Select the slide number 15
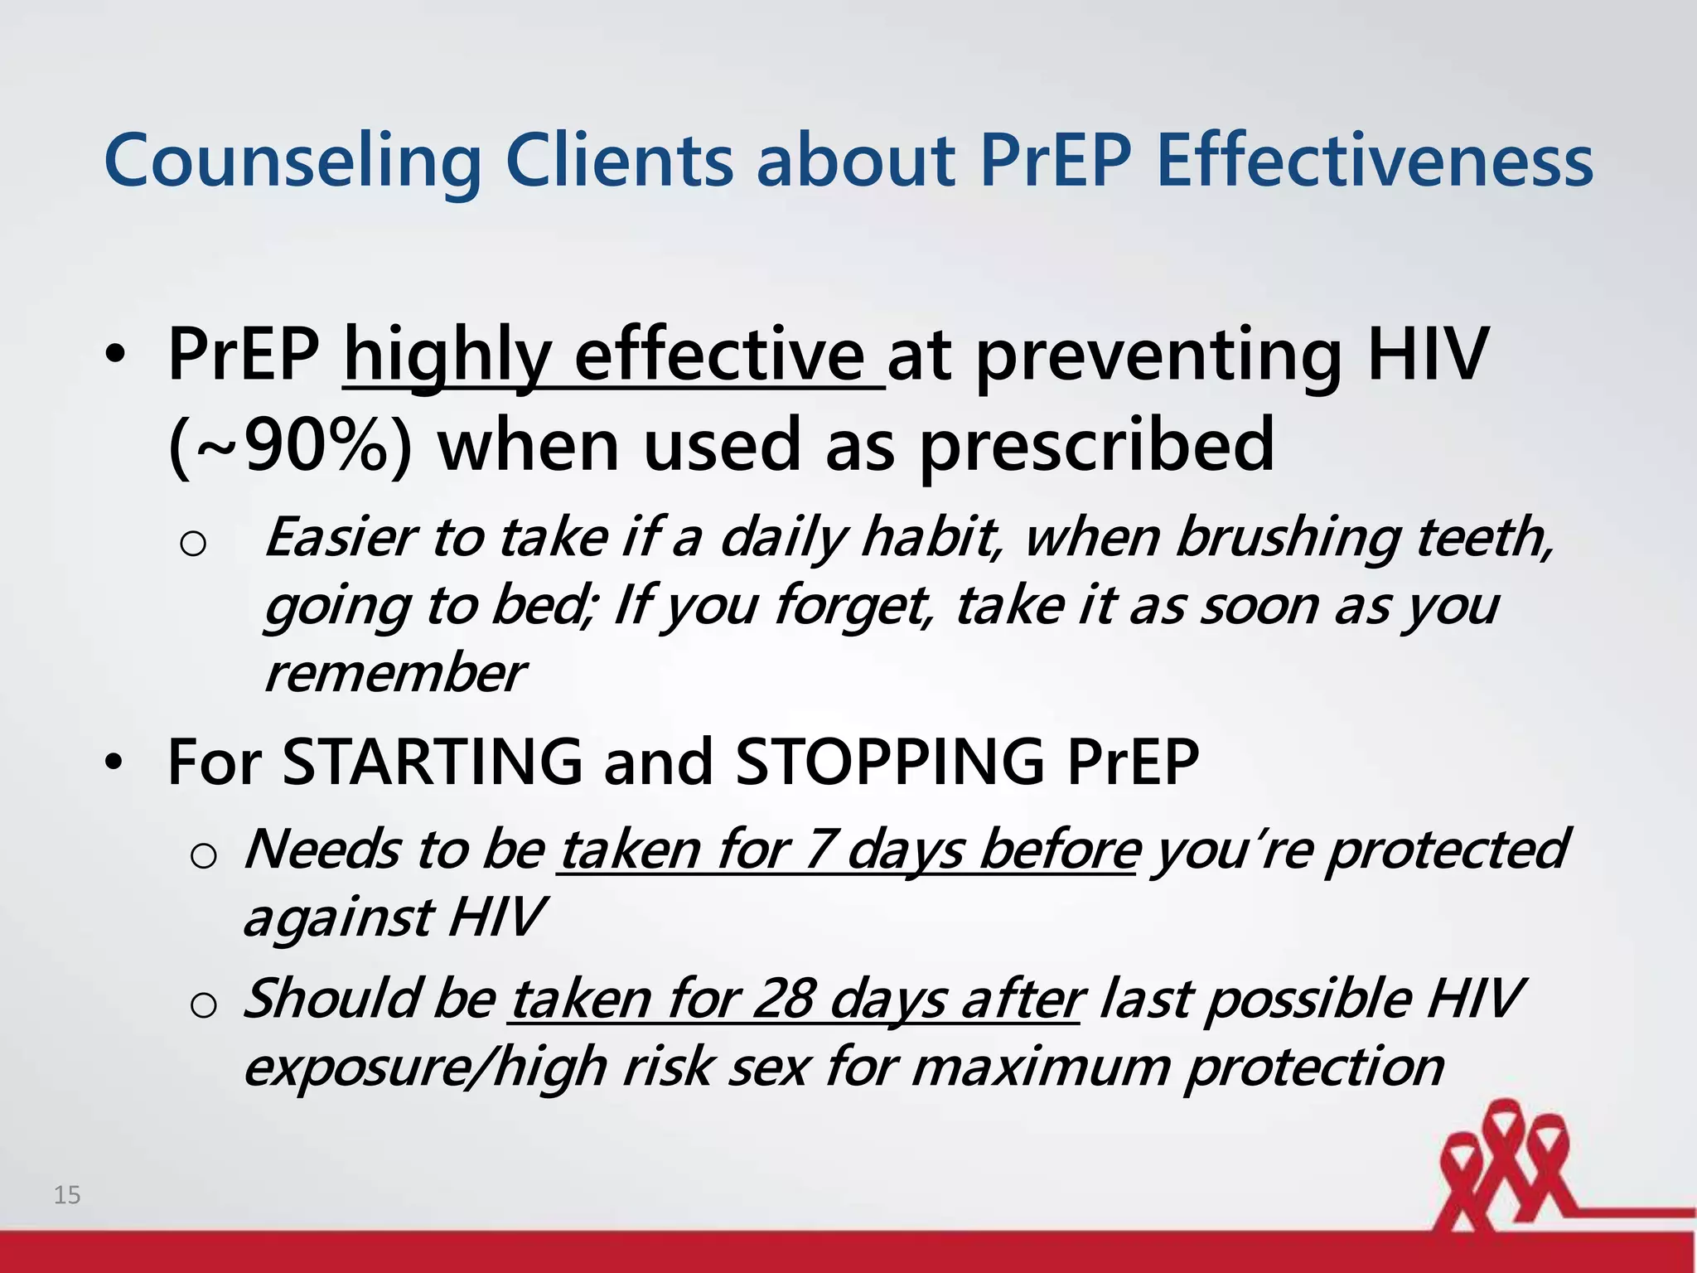click(x=67, y=1195)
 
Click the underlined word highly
click(x=447, y=356)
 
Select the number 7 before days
click(x=820, y=849)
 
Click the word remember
click(x=394, y=672)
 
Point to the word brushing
click(x=1293, y=537)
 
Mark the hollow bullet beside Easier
click(x=192, y=544)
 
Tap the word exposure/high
click(x=426, y=1067)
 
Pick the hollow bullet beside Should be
click(x=203, y=1004)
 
